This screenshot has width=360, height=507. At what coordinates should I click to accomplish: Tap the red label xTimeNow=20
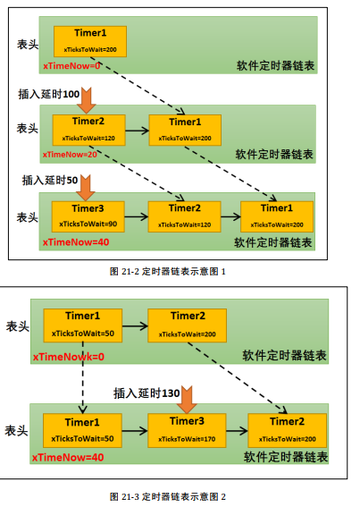pyautogui.click(x=69, y=153)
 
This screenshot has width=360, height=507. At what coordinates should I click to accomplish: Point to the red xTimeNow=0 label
pyautogui.click(x=67, y=65)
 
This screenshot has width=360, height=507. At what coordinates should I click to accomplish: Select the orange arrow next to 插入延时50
pyautogui.click(x=86, y=187)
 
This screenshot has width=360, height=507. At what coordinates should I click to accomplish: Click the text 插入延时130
pyautogui.click(x=147, y=393)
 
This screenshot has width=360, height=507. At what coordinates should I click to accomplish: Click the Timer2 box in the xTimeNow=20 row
pyautogui.click(x=88, y=130)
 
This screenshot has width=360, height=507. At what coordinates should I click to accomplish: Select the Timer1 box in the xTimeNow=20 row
pyautogui.click(x=186, y=130)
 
